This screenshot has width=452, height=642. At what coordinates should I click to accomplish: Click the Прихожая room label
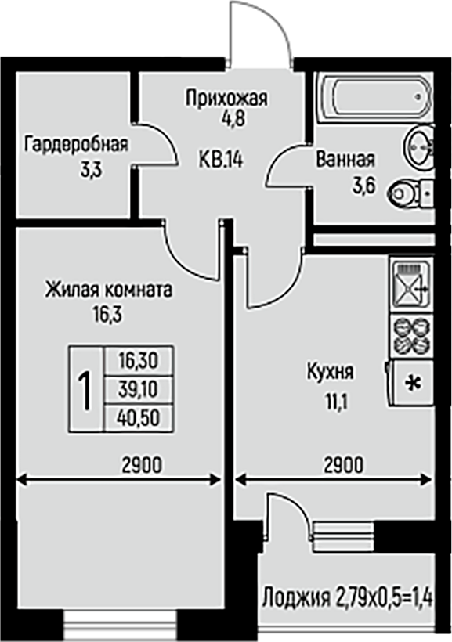[x=226, y=99]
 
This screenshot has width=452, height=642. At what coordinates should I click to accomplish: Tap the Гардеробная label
[x=76, y=145]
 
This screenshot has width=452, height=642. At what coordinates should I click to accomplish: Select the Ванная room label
[x=345, y=159]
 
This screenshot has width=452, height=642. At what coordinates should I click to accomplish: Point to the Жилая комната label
[x=109, y=290]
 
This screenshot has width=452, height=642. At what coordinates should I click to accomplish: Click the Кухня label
[x=331, y=373]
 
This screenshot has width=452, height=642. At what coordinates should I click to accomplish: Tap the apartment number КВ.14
[x=221, y=159]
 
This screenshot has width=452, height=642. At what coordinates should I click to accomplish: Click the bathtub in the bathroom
[x=375, y=96]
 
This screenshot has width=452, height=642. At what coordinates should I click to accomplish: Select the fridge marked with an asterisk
[x=410, y=383]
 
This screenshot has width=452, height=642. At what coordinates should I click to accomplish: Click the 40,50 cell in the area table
[x=139, y=418]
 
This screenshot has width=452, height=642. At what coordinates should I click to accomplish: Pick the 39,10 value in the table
[x=139, y=390]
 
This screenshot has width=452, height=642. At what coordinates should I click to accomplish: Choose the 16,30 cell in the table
[x=139, y=361]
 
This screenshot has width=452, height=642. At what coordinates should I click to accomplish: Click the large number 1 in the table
[x=86, y=389]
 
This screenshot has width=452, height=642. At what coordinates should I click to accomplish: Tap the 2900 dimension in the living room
[x=142, y=465]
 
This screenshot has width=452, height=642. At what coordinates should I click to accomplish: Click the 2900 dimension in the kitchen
[x=343, y=465]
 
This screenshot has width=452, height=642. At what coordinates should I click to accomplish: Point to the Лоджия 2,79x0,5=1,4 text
[x=347, y=597]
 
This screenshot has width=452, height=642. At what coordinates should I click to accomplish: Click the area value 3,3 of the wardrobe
[x=91, y=171]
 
